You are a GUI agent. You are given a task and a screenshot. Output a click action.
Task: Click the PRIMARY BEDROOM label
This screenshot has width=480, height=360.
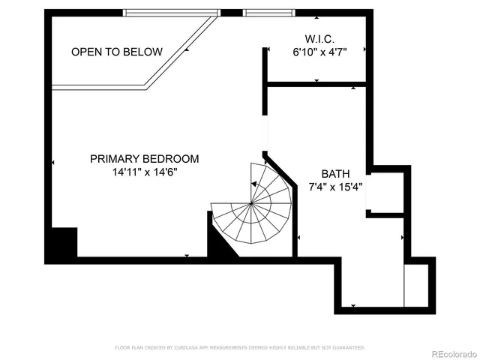coord(144,159)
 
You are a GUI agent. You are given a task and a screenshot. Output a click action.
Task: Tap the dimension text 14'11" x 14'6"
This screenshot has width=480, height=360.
coord(144,172)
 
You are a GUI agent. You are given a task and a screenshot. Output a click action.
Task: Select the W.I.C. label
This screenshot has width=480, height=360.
coord(319,38)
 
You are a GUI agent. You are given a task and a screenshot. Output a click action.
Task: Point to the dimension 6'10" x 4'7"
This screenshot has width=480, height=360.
coord(319,52)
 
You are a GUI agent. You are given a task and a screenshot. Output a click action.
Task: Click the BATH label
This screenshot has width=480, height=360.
coord(335,173)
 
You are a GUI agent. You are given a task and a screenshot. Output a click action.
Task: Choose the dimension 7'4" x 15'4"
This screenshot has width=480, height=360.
coord(335,187)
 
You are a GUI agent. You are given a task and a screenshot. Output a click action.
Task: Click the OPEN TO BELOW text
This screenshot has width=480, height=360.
coord(116,52)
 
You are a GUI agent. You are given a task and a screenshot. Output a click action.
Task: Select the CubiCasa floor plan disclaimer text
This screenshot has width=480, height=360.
coord(239,347)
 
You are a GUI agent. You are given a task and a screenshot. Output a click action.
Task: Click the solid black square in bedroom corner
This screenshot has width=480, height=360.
coord(61,243)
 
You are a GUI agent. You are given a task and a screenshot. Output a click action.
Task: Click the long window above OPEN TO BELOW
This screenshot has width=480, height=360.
coord(171,12)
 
